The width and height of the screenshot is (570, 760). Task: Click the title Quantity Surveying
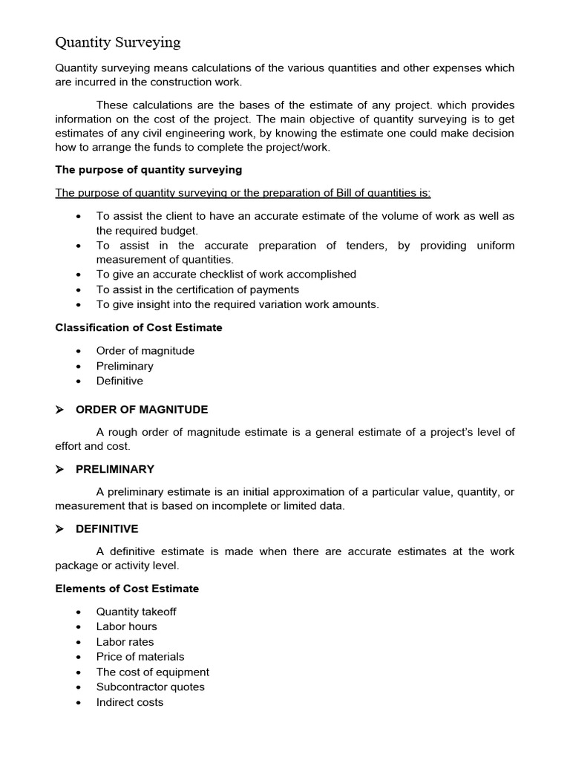click(x=118, y=42)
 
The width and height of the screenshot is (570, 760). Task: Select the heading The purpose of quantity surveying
click(x=148, y=170)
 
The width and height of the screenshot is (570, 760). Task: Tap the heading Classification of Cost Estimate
click(x=139, y=327)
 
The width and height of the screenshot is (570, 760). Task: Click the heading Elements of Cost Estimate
click(x=127, y=589)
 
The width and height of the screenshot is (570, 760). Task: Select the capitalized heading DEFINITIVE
click(x=107, y=529)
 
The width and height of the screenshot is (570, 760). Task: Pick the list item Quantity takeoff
click(x=136, y=612)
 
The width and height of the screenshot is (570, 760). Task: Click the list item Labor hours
click(x=126, y=626)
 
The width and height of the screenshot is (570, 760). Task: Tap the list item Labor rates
click(x=125, y=642)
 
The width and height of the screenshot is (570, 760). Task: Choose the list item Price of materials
click(x=140, y=657)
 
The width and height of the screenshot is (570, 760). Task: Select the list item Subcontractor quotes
click(x=150, y=687)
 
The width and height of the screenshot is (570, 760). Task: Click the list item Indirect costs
click(x=129, y=702)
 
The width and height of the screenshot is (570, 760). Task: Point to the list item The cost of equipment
click(x=152, y=672)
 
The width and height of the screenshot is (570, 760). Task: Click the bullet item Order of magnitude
click(x=145, y=351)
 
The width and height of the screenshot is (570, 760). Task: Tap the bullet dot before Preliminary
click(x=79, y=367)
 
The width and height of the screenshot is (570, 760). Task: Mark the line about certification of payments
click(x=197, y=289)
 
